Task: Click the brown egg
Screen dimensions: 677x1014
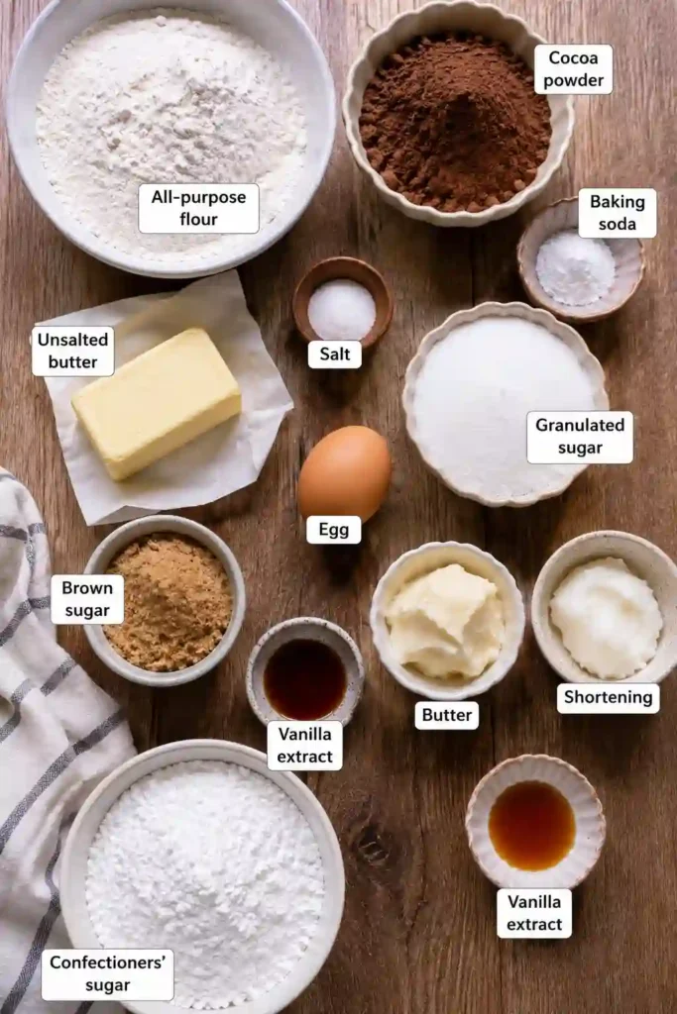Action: [344, 473]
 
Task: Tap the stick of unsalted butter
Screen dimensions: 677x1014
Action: [157, 404]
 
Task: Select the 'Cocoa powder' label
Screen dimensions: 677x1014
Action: [573, 69]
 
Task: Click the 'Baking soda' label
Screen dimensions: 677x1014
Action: [617, 213]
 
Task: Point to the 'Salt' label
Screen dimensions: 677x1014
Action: [335, 354]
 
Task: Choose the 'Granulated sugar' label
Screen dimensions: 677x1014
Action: [580, 437]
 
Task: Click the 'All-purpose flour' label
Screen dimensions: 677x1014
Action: [198, 208]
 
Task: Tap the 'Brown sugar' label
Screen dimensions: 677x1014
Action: [87, 599]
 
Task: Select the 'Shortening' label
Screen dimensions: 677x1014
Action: [609, 697]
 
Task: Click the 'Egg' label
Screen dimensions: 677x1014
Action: [334, 530]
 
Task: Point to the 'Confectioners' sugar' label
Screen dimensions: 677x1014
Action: [107, 974]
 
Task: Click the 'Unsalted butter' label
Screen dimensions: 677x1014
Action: [72, 351]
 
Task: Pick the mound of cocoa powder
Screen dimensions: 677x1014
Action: [456, 123]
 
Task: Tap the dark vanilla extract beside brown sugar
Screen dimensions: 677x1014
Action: [305, 679]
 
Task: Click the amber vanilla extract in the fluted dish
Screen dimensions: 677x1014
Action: [532, 825]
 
